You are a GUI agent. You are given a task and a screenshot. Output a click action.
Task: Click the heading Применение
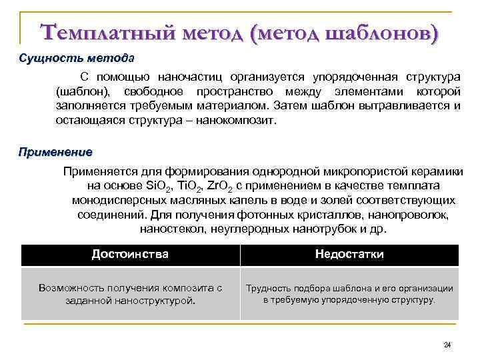(x=55, y=151)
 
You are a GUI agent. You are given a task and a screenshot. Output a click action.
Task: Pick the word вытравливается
(x=401, y=106)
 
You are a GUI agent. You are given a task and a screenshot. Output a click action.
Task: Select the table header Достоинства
(x=130, y=255)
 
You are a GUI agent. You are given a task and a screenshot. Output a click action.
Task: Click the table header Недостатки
(x=349, y=255)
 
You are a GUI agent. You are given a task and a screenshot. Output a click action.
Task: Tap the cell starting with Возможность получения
(x=130, y=294)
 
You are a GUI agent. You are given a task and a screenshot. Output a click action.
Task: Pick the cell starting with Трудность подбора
(x=349, y=294)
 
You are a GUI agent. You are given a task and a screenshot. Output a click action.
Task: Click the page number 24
(x=447, y=344)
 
